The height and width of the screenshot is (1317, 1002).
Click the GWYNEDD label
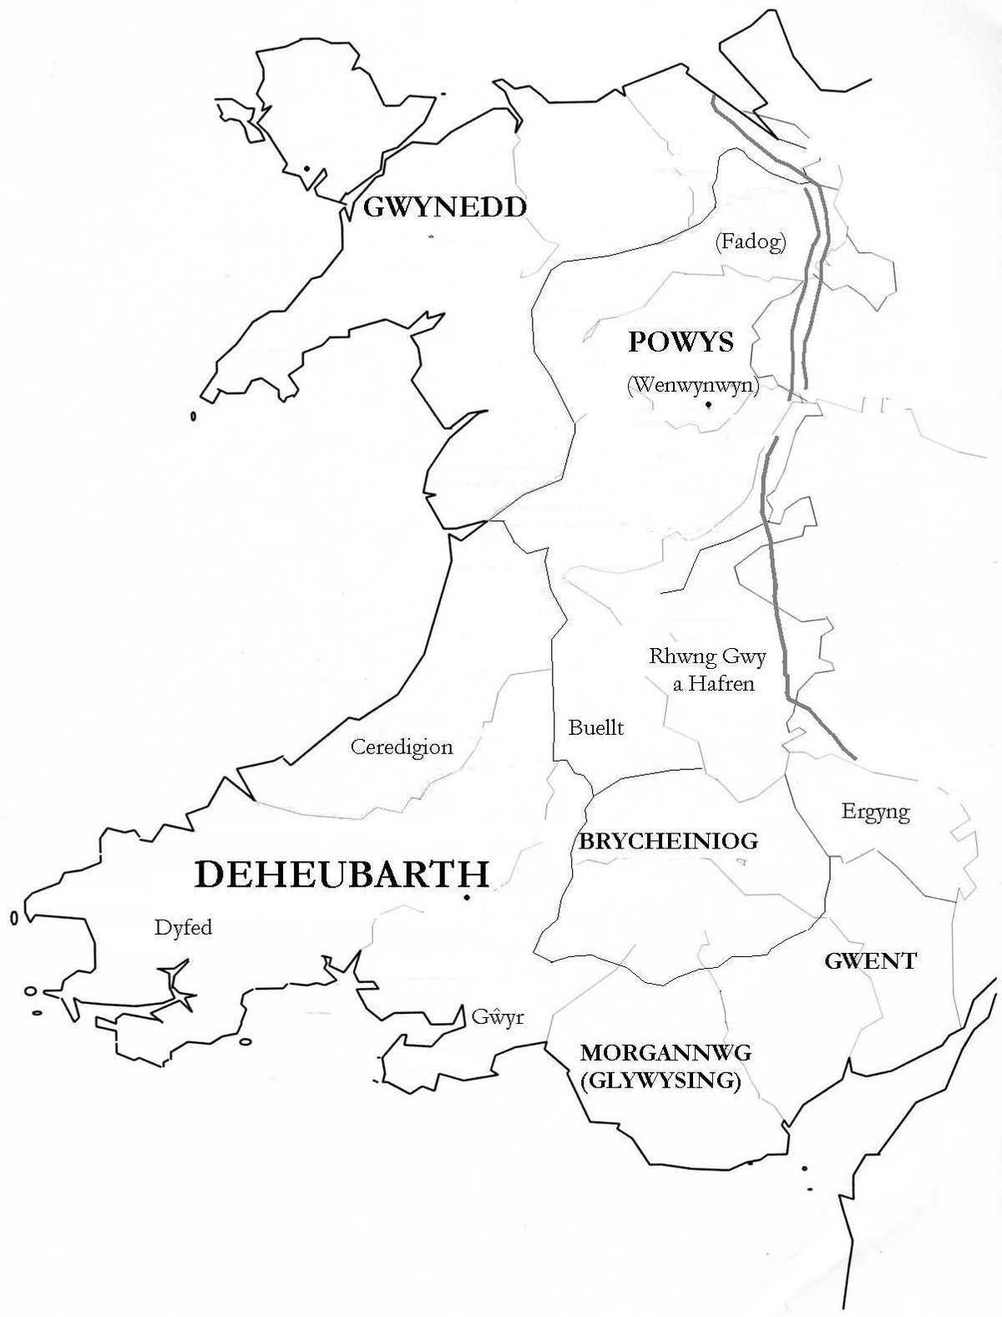click(444, 207)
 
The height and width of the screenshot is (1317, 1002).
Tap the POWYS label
click(681, 341)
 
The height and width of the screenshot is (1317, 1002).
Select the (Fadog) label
click(751, 242)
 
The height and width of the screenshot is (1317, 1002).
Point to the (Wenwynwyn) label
click(692, 385)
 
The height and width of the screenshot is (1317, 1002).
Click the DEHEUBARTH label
click(342, 874)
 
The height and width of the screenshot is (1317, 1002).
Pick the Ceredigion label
click(402, 747)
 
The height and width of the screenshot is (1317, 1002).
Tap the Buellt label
click(595, 727)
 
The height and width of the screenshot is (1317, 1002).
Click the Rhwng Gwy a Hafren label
click(708, 670)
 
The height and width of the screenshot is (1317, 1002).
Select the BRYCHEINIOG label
click(668, 840)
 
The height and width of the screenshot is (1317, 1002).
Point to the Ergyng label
click(875, 811)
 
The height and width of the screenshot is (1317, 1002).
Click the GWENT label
click(870, 960)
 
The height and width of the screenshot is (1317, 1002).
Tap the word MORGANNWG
click(665, 1052)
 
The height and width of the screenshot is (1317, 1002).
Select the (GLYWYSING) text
click(660, 1081)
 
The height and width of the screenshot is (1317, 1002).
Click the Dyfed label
click(183, 927)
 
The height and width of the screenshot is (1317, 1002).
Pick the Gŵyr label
click(497, 1018)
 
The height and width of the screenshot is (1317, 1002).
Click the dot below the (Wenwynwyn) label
click(707, 405)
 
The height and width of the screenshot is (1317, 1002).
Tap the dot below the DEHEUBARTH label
click(466, 898)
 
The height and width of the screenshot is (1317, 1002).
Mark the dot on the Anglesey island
click(307, 169)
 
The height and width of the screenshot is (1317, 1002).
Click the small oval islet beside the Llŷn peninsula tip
click(193, 416)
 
